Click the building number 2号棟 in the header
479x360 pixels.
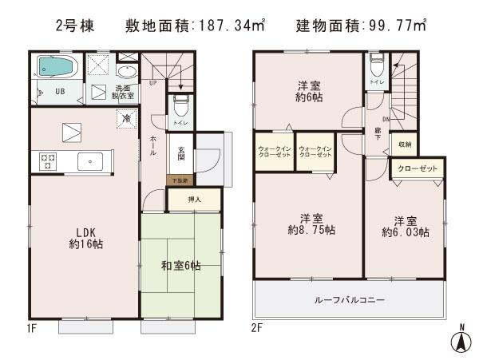(76, 26)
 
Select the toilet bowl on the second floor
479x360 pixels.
(375, 65)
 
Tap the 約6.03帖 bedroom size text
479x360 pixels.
(406, 232)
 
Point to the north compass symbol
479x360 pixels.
(461, 339)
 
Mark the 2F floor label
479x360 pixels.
(256, 327)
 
